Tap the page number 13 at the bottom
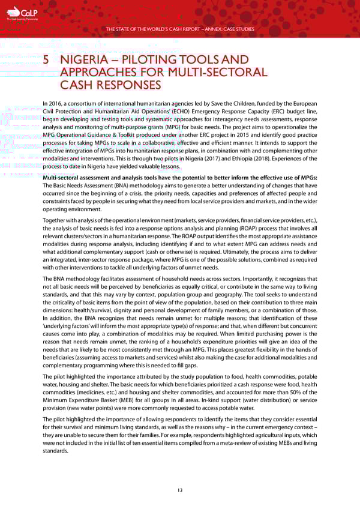pos(179,490)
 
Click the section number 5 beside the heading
pos(47,60)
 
